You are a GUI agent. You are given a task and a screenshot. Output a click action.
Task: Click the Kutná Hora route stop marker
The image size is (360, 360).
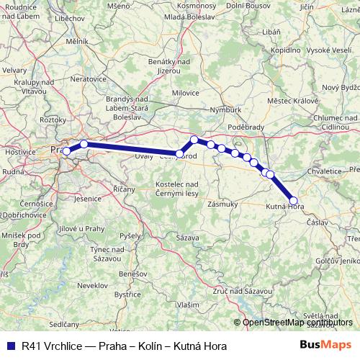293,201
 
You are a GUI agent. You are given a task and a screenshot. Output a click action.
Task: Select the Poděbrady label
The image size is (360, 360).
245,125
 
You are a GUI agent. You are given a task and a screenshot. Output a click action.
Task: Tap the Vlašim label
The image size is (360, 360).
189,305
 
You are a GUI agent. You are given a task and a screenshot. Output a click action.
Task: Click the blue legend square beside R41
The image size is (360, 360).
9,346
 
